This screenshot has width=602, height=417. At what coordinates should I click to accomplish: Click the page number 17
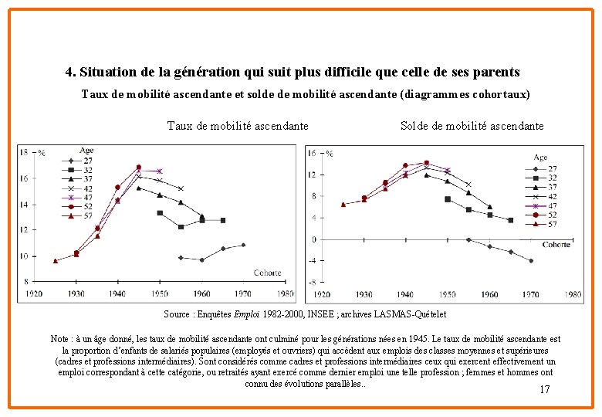545,389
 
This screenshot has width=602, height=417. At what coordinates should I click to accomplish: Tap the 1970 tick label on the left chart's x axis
243,293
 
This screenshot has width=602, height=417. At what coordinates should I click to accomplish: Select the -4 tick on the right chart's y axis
313,260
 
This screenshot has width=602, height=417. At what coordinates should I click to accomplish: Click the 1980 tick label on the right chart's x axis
573,293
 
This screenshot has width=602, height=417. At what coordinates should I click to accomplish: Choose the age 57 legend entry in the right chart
549,224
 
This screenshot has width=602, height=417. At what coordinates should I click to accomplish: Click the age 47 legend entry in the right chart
549,205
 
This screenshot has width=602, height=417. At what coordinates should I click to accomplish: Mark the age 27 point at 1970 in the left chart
243,245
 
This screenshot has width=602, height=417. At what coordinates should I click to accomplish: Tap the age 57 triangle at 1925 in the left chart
56,261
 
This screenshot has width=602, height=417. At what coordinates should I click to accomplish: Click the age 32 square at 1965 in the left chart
223,220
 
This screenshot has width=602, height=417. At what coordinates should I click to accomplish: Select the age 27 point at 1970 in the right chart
531,261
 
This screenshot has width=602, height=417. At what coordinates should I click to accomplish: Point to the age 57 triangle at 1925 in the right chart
343,205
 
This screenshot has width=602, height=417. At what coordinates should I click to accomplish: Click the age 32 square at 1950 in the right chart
448,198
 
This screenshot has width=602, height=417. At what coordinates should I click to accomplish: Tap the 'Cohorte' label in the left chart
267,273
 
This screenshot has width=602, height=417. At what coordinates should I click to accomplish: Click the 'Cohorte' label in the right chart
556,245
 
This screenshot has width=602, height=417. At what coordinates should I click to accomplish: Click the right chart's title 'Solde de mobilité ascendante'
472,126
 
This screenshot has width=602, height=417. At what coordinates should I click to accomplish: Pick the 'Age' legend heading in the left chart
86,150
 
